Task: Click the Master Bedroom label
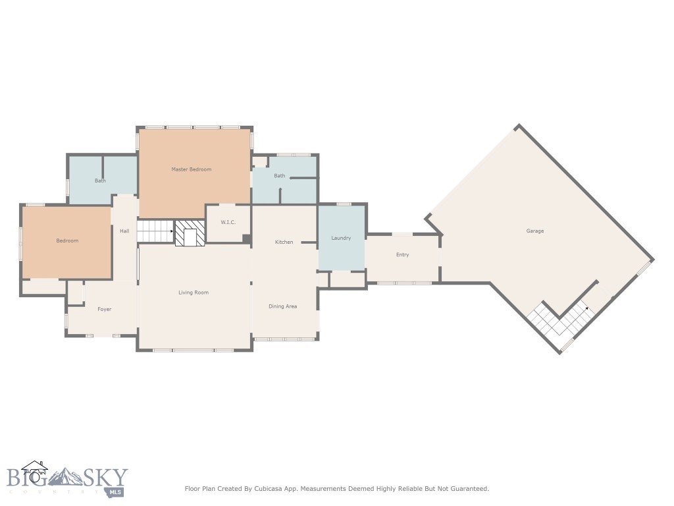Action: pyautogui.click(x=192, y=169)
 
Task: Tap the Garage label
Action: pyautogui.click(x=534, y=231)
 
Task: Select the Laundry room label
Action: pyautogui.click(x=341, y=238)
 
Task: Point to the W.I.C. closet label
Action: pyautogui.click(x=228, y=223)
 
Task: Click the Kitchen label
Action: pyautogui.click(x=284, y=242)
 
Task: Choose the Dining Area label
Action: pyautogui.click(x=282, y=306)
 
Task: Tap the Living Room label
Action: pyautogui.click(x=194, y=293)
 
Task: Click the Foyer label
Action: pyautogui.click(x=105, y=309)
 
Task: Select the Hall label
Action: pyautogui.click(x=124, y=231)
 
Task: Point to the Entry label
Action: pyautogui.click(x=402, y=255)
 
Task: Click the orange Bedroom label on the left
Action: pyautogui.click(x=67, y=241)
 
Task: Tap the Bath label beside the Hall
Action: pyautogui.click(x=100, y=181)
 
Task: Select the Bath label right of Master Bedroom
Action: pyautogui.click(x=280, y=176)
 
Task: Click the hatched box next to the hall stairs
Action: pyautogui.click(x=190, y=234)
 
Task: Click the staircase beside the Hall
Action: pyautogui.click(x=155, y=232)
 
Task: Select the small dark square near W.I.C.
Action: pyautogui.click(x=246, y=239)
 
